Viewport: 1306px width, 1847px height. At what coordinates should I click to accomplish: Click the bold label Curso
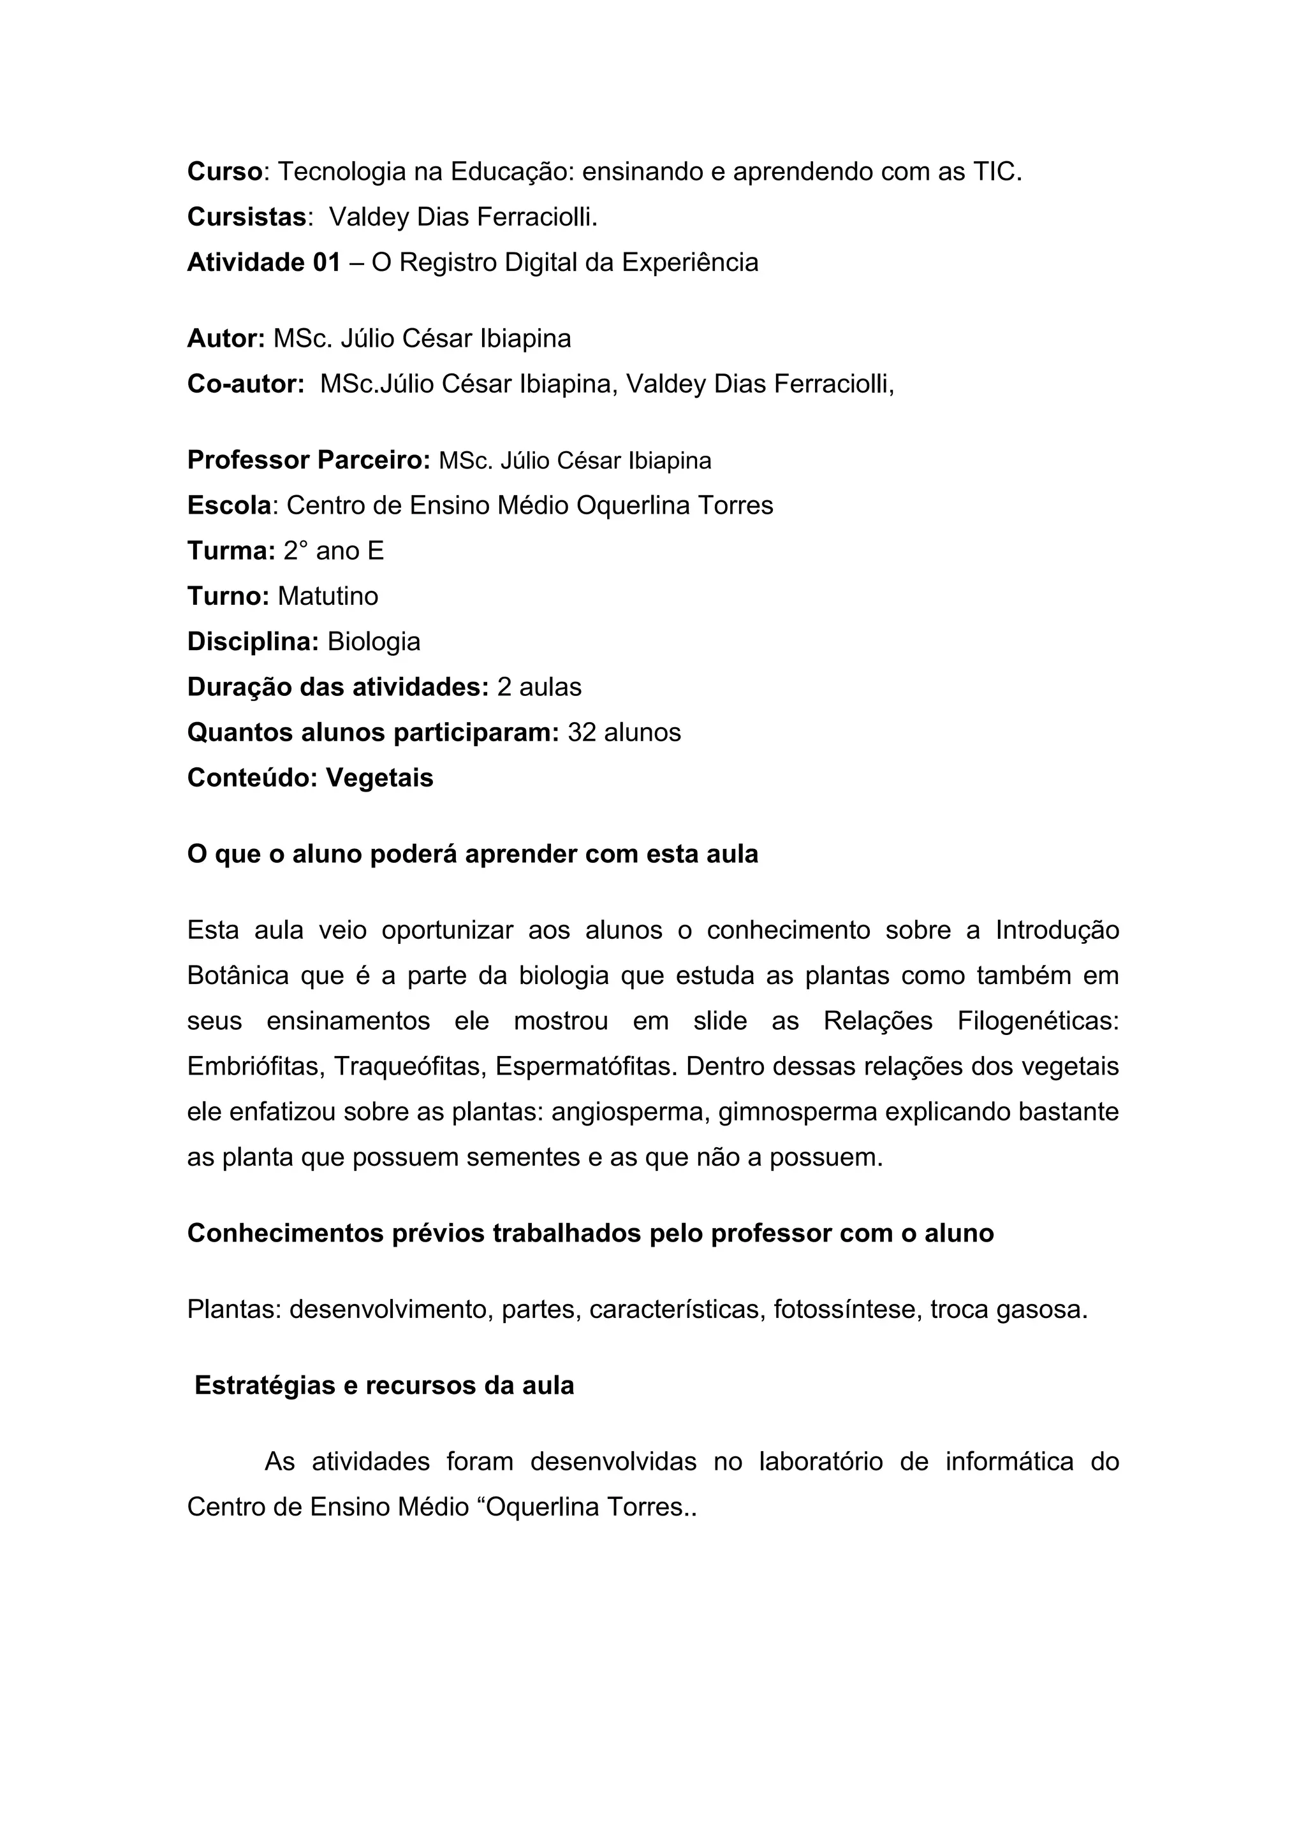224,171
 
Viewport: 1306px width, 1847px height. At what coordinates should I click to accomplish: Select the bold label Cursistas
247,217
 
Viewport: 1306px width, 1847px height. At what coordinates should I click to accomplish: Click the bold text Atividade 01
264,262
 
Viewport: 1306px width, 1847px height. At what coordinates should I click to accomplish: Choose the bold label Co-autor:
246,384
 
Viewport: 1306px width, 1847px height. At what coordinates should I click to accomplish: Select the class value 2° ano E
333,551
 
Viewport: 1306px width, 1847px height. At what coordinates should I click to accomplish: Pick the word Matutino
328,596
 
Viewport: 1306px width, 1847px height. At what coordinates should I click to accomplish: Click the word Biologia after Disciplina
374,642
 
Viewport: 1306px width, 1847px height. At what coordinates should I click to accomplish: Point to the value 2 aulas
539,687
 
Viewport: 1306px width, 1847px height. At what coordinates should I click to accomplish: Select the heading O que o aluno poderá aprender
473,854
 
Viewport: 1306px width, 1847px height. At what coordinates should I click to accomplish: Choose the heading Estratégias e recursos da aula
384,1386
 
